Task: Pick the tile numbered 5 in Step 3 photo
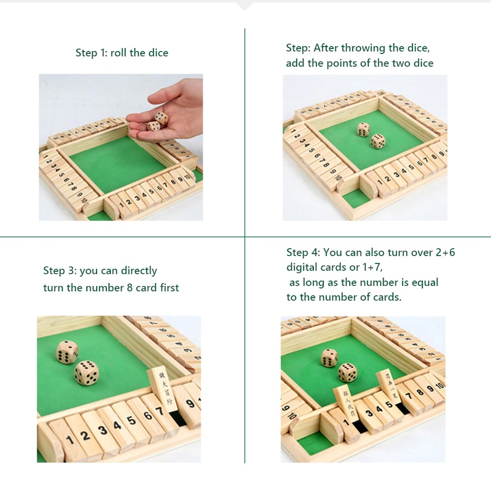click(131, 420)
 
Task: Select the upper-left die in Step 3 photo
click(67, 352)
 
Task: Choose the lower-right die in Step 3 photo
click(87, 372)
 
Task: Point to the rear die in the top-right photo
click(363, 129)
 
